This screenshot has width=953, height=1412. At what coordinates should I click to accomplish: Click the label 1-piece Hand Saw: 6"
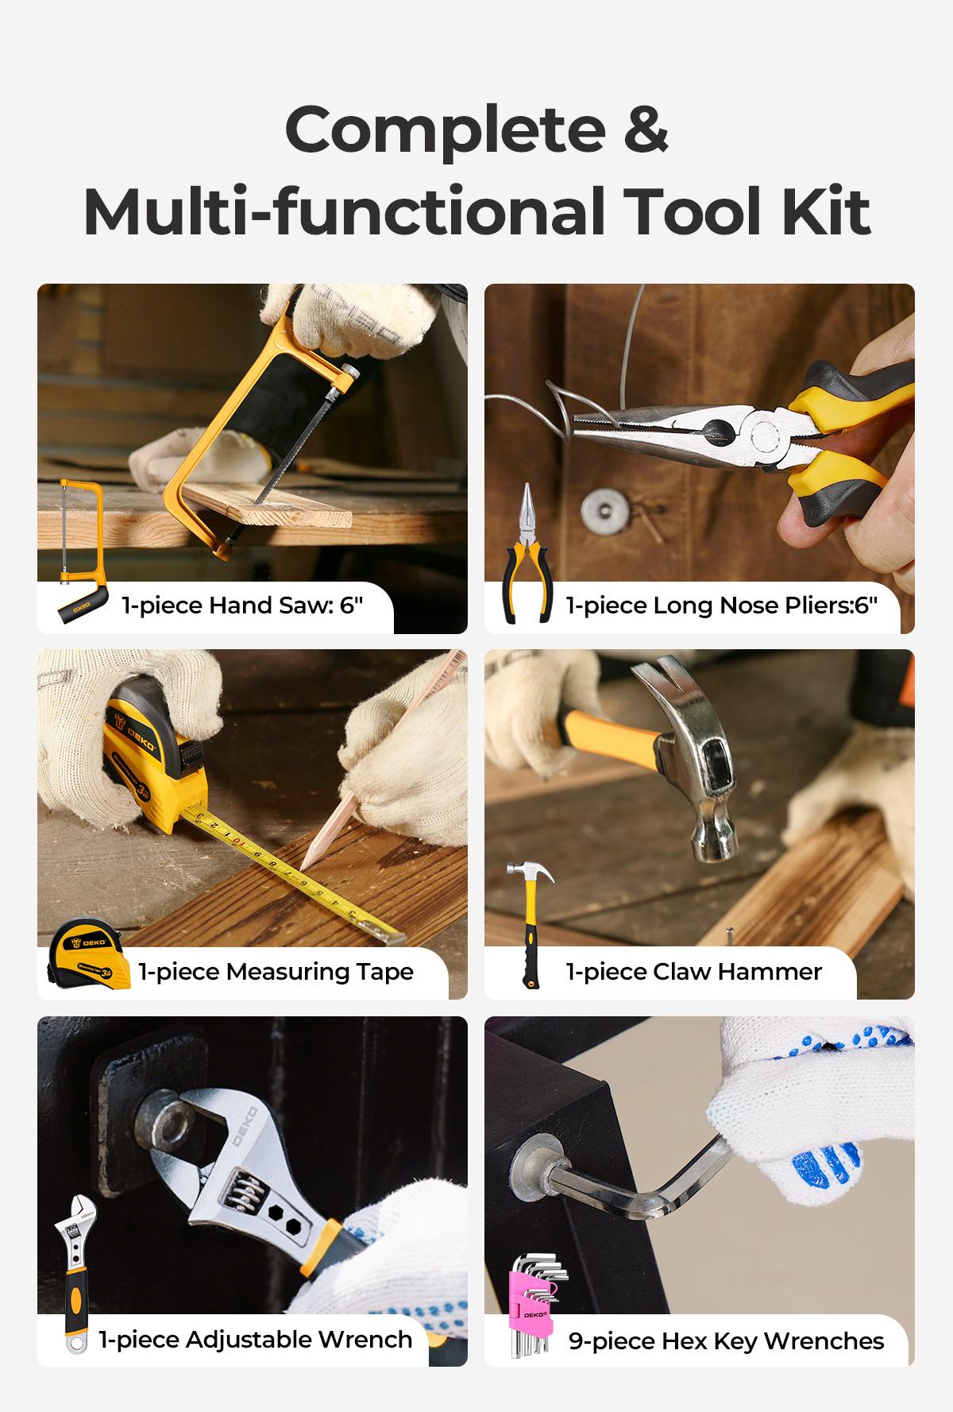point(241,605)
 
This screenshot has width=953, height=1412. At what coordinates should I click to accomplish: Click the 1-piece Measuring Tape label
point(276,972)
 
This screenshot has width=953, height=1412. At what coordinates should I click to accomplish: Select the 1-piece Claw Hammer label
point(693,972)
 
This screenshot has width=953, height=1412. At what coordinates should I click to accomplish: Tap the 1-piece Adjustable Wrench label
point(255,1340)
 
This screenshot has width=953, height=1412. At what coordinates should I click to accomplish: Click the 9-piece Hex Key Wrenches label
point(726,1341)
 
